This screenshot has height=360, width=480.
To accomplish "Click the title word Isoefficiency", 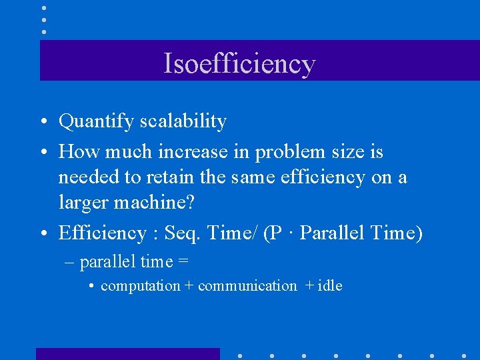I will coord(239,63).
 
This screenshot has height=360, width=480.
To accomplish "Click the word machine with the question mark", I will coord(157,202).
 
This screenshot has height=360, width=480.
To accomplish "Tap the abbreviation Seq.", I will coord(184,234).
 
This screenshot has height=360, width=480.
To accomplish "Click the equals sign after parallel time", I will coord(183,263).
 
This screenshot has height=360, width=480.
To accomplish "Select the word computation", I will coord(140,287).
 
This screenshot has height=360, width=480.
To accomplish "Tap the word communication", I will coord(247,286).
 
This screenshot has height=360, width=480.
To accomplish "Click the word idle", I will coord(330,285).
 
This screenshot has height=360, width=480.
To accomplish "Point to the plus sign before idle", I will coord(309,286).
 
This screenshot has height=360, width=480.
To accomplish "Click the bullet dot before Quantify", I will coord(42,123).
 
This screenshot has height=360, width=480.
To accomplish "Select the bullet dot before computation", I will coord(91,287).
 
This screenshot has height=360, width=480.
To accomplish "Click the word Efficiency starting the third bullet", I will coord(102,233).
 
